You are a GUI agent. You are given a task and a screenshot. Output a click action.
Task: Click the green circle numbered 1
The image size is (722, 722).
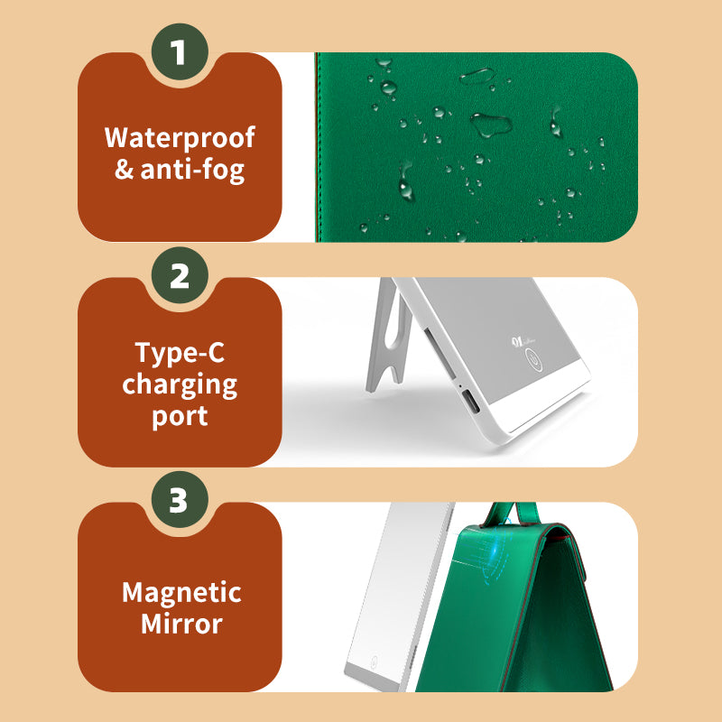[x=180, y=51]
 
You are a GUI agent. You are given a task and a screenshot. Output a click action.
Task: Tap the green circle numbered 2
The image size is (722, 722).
[x=180, y=275]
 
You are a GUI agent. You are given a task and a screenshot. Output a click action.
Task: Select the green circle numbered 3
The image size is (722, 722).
[x=180, y=500]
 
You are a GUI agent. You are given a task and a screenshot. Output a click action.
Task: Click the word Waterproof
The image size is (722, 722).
[x=180, y=138]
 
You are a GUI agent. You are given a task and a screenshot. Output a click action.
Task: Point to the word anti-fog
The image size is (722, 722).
[x=192, y=170]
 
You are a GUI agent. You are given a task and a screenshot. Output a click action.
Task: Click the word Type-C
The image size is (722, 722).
[x=180, y=353]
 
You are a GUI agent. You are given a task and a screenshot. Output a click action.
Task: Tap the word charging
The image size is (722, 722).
[x=180, y=385]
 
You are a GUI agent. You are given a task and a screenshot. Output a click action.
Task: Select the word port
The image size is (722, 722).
[x=180, y=417]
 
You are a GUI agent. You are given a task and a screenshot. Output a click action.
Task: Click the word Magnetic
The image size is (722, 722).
[x=181, y=592]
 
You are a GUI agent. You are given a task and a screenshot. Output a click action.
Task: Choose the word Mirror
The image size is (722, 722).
[x=181, y=624]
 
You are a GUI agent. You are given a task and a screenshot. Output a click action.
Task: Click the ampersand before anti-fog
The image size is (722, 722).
[x=124, y=169]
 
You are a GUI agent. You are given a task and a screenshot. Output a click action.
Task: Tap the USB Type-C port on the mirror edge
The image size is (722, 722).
[x=469, y=401]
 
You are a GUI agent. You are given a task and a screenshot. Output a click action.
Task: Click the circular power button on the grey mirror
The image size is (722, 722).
[x=534, y=359]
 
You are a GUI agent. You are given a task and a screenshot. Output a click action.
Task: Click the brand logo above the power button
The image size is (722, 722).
[x=523, y=341]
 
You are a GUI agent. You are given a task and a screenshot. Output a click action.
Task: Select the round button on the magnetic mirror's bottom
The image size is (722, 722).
[x=374, y=661]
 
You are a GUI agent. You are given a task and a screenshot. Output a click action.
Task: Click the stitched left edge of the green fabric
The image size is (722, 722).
[x=318, y=147]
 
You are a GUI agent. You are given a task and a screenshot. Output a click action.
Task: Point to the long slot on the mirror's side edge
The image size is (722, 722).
[x=439, y=352]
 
